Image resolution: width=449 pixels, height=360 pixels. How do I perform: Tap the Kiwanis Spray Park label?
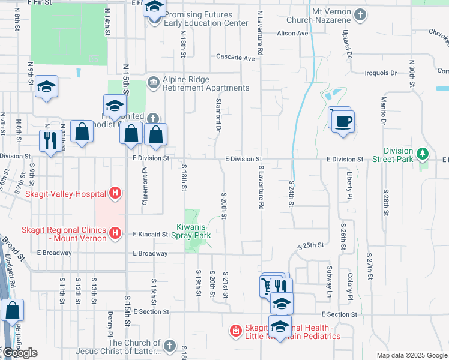194,232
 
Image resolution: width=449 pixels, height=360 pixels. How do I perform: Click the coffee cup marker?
343,122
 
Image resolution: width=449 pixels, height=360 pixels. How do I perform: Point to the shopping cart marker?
266,286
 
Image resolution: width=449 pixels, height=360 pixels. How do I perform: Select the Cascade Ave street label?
236,58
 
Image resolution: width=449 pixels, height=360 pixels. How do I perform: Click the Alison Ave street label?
292,34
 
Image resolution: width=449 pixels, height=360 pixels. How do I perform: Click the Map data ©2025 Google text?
411,355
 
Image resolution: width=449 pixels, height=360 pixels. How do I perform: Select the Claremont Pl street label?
145,186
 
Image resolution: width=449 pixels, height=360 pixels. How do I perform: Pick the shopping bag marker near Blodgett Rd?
13,311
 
